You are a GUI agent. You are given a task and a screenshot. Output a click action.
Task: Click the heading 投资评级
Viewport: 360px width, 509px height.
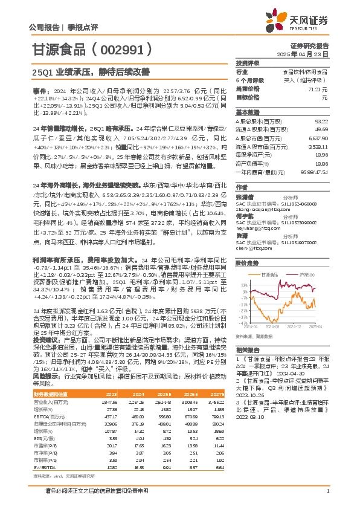[246, 63]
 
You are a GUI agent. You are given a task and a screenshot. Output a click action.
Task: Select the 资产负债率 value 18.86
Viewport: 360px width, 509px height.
[323, 163]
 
